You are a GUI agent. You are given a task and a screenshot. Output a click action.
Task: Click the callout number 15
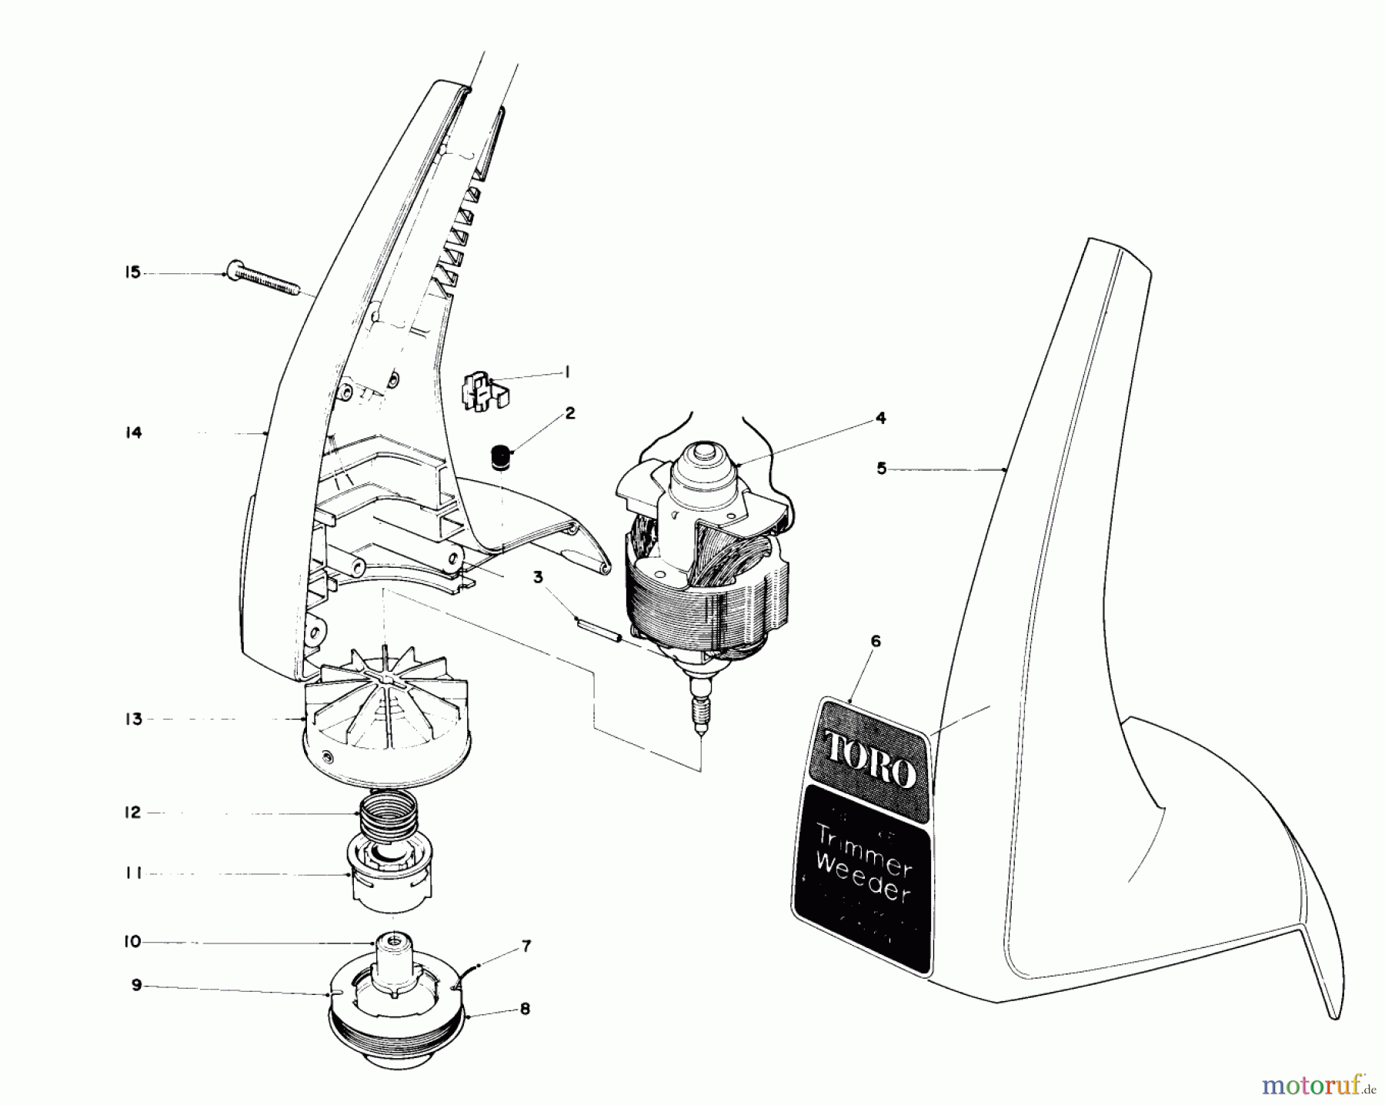133,272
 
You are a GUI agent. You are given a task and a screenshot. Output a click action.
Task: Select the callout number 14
134,433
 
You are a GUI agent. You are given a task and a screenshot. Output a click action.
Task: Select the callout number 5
882,468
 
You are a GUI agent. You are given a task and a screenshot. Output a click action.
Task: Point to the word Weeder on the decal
863,878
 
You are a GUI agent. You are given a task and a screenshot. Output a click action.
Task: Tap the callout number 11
134,874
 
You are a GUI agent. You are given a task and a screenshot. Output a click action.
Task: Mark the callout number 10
133,941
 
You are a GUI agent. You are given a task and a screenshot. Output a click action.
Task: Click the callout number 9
136,985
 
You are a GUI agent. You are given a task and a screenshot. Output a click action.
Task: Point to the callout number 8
525,1008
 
